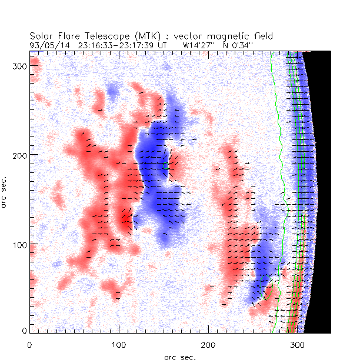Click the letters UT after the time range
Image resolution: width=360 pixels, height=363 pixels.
pyautogui.click(x=163, y=44)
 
